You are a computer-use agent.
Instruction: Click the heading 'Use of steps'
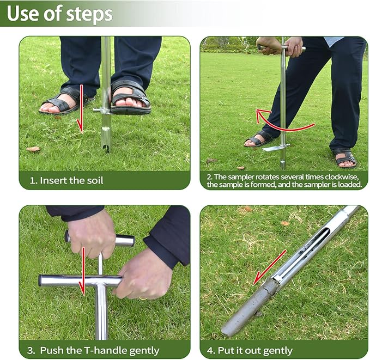click(59, 14)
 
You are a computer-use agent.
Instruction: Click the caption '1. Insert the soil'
click(71, 180)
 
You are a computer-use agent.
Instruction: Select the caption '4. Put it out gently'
click(255, 350)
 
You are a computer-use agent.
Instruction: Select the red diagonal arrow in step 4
click(270, 267)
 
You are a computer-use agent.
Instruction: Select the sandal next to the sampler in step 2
click(257, 140)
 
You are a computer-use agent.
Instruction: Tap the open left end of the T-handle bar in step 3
click(41, 280)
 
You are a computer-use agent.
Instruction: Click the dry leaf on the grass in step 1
click(33, 149)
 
